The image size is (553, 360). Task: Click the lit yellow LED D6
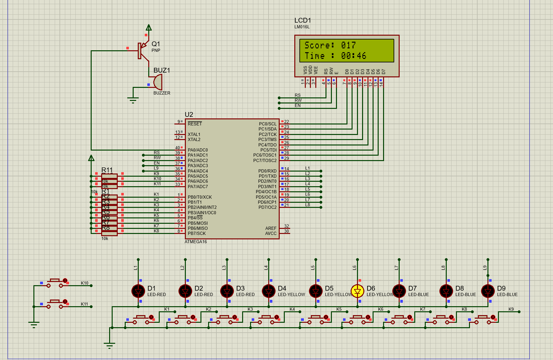pyautogui.click(x=357, y=291)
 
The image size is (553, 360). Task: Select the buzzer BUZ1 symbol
pyautogui.click(x=158, y=82)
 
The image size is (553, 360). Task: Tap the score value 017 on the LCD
pyautogui.click(x=348, y=45)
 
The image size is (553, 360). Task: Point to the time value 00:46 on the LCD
pyautogui.click(x=353, y=56)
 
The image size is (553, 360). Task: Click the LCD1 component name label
pyautogui.click(x=302, y=20)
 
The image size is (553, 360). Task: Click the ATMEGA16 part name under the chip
pyautogui.click(x=196, y=242)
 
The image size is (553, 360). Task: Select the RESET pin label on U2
pyautogui.click(x=195, y=124)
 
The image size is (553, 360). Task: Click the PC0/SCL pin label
pyautogui.click(x=267, y=124)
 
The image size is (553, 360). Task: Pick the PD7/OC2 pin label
pyautogui.click(x=267, y=207)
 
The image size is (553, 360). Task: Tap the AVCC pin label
pyautogui.click(x=270, y=233)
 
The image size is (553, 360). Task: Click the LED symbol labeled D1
pyautogui.click(x=138, y=291)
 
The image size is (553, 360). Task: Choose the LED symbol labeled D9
pyautogui.click(x=488, y=291)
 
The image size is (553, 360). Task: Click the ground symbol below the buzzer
pyautogui.click(x=133, y=100)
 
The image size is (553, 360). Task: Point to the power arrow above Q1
pyautogui.click(x=149, y=28)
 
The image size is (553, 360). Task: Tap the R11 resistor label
pyautogui.click(x=107, y=170)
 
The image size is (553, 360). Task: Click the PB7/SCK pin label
pyautogui.click(x=197, y=233)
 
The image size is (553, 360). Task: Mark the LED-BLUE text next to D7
pyautogui.click(x=418, y=294)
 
